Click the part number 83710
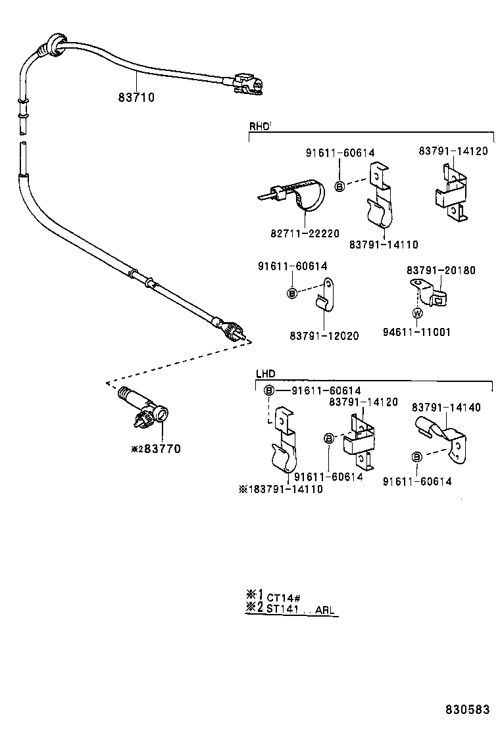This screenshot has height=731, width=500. [136, 97]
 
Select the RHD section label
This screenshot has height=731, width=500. [259, 126]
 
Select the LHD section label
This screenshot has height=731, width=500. [265, 373]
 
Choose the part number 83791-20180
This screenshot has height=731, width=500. [440, 270]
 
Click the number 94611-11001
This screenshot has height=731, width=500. [416, 332]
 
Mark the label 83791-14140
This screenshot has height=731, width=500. [446, 408]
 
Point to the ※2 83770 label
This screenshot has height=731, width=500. [155, 449]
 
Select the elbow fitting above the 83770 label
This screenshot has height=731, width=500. [143, 410]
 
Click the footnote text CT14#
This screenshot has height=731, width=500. [284, 598]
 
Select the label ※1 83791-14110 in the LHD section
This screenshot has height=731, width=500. [281, 489]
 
